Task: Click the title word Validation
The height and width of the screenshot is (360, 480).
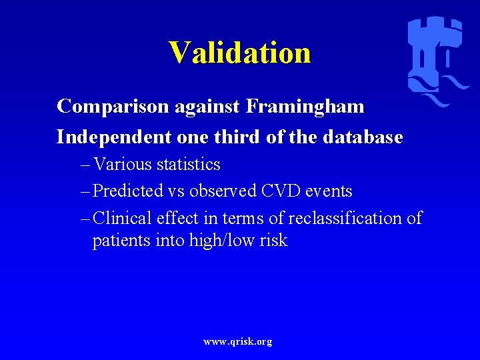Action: point(239,53)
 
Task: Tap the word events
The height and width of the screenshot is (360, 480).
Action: point(327,191)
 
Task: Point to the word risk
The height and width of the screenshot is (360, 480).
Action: point(274,241)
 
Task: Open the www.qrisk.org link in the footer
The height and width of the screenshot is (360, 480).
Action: point(238,341)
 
